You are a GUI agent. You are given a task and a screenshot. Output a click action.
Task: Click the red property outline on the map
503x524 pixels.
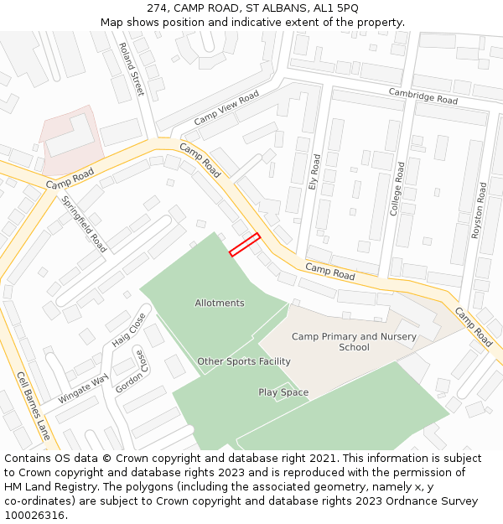[245, 244]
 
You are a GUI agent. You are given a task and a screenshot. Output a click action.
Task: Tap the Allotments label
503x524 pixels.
[220, 303]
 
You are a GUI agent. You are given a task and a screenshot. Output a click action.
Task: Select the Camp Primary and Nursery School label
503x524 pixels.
[354, 341]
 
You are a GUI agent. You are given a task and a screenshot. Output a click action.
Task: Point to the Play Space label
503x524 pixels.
[283, 392]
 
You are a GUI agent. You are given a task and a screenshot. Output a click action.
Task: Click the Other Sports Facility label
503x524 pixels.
[244, 361]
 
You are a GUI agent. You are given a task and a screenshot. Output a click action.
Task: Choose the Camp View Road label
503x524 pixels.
[226, 110]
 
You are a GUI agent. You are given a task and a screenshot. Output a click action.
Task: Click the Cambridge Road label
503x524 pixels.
[423, 96]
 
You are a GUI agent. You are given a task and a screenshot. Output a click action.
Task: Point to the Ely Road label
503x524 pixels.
[315, 171]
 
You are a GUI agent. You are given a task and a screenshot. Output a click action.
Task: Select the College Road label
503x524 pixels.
[397, 189]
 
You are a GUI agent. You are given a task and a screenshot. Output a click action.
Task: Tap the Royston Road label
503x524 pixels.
[480, 210]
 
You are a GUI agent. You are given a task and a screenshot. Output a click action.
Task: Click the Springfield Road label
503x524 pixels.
[85, 224]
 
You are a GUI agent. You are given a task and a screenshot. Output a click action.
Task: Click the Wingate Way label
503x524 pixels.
[83, 391]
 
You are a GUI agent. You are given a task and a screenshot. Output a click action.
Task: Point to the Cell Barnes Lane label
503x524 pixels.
[34, 406]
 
